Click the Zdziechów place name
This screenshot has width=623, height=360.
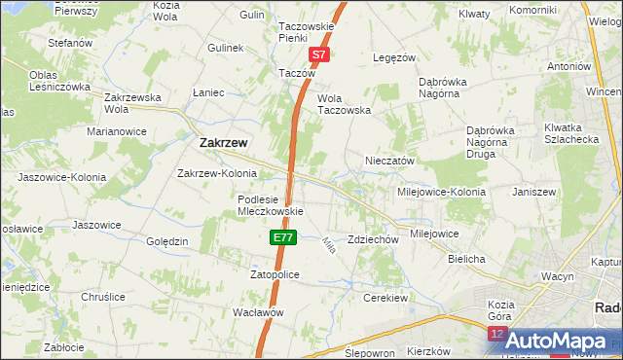pyautogui.click(x=374, y=239)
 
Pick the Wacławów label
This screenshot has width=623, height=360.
pyautogui.click(x=258, y=312)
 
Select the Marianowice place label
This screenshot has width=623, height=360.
pyautogui.click(x=116, y=130)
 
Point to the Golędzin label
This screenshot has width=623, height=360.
pyautogui.click(x=166, y=241)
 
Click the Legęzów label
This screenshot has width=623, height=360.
pyautogui.click(x=395, y=58)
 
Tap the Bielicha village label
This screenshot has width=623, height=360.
pyautogui.click(x=466, y=260)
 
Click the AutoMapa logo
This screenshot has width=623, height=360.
pyautogui.click(x=558, y=341)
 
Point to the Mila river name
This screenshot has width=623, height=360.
pyautogui.click(x=328, y=246)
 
